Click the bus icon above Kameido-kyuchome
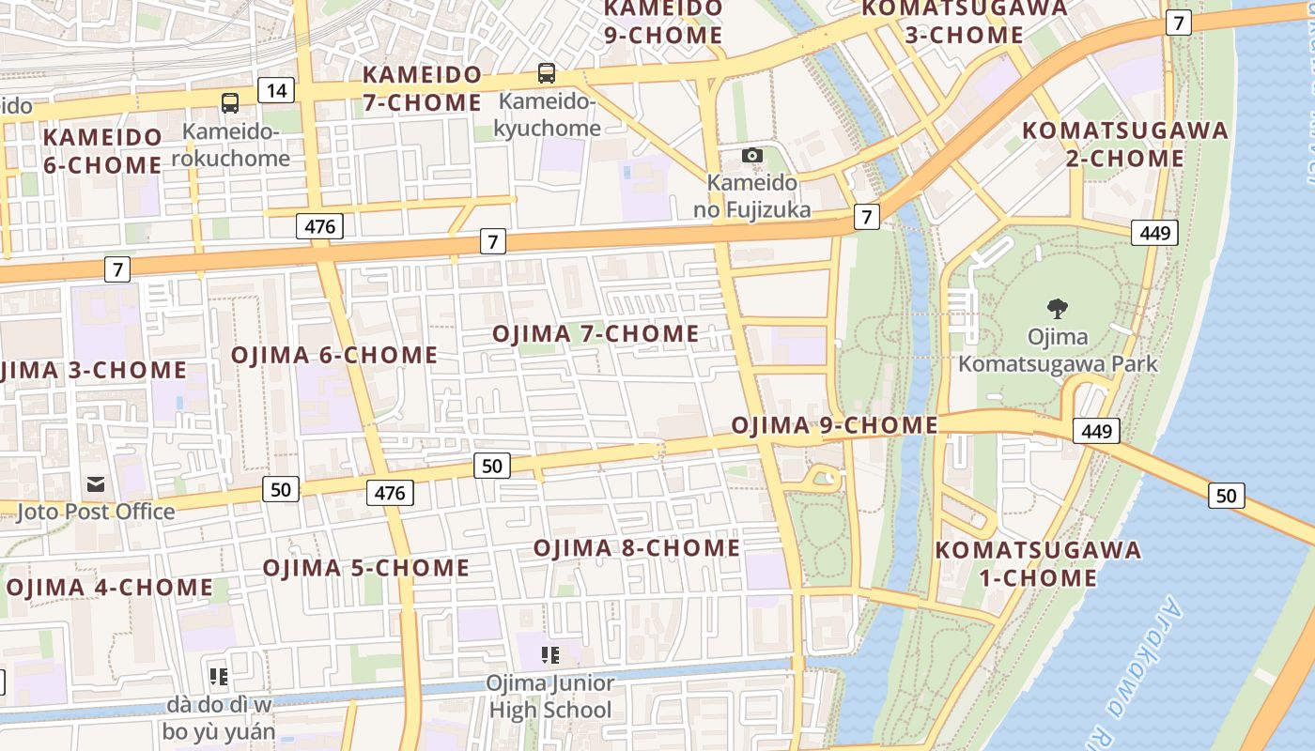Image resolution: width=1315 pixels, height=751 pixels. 546,73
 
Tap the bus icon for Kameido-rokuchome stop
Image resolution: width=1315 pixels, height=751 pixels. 230,102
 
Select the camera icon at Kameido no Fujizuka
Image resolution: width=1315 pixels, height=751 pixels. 751,155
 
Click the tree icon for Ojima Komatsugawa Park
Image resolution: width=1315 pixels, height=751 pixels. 1058,308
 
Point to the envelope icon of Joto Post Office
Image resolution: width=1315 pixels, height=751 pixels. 96,484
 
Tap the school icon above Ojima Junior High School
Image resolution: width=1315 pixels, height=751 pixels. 549,654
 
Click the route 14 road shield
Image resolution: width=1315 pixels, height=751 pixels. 276,90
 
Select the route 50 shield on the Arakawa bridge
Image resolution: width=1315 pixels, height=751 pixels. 1227,495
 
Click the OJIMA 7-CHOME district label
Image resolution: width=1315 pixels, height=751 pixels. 596,334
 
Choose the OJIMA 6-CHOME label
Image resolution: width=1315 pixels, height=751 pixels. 334,355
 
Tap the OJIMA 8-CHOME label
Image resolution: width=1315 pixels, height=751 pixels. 637,547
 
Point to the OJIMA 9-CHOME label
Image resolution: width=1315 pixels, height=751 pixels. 834,425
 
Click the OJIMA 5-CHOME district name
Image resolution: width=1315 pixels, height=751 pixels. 365,568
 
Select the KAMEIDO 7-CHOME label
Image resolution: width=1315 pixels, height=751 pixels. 423,88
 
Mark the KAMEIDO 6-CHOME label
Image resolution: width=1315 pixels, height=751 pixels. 102,151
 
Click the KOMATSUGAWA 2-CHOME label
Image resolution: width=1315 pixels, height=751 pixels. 1125,144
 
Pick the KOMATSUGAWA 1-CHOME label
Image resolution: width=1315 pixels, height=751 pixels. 1038,563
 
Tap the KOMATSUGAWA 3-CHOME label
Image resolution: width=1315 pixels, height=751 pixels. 965,22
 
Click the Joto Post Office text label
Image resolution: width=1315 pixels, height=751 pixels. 96,512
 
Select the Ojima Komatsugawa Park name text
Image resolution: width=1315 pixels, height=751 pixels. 1058,350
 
